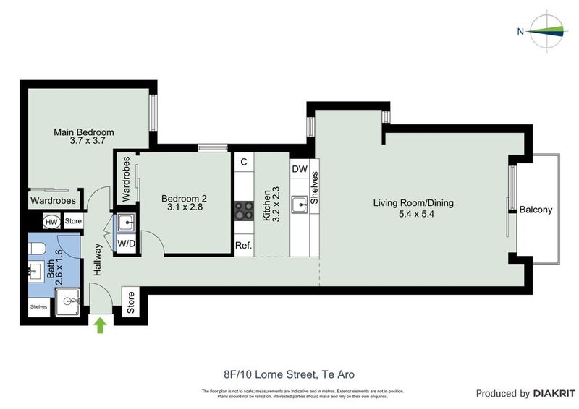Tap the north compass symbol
coord(545,30)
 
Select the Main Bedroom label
coord(84,137)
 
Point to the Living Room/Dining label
coord(413,208)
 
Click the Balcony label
coord(536,210)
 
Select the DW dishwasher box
coord(300,169)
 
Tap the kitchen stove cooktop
coord(243,210)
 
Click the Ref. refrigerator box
coord(243,246)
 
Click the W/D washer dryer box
coord(126,244)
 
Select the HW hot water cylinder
coord(51,222)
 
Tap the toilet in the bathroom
coord(38,249)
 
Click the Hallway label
coord(97,259)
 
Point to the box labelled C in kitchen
coord(243,162)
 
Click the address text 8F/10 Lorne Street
coord(289,374)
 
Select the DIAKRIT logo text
coord(552,394)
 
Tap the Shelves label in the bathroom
coord(38,306)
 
